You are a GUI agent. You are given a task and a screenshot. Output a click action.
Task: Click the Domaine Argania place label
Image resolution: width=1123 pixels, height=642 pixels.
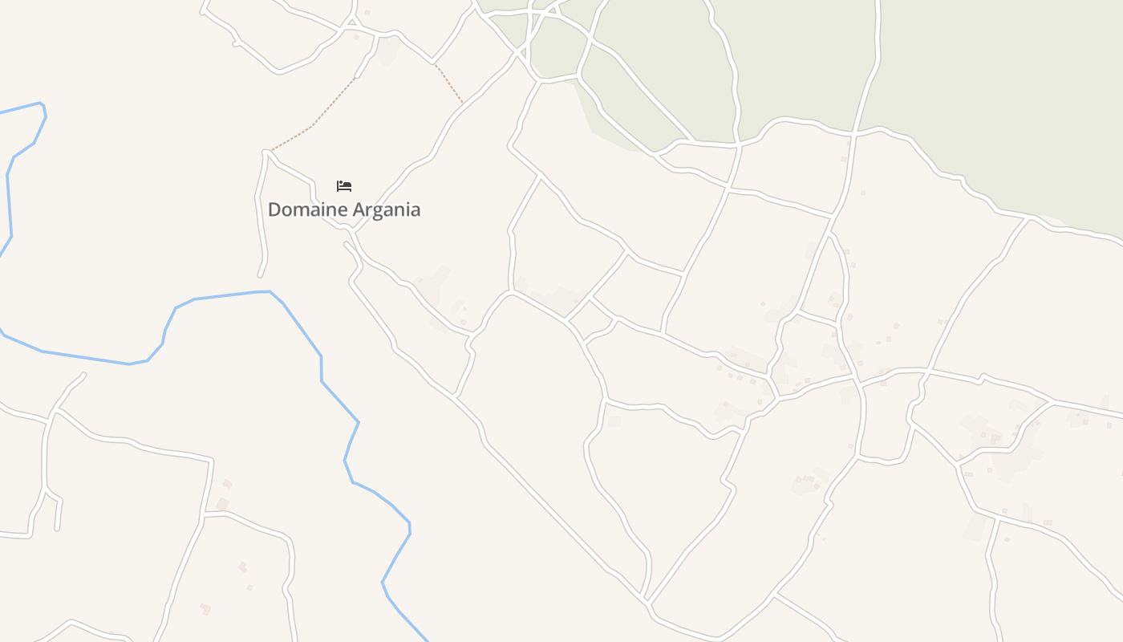[343, 209]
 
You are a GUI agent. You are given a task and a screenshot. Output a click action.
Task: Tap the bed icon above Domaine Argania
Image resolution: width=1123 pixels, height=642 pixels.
[344, 186]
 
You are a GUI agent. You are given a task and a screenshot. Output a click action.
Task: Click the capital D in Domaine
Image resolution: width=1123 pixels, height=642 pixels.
[274, 209]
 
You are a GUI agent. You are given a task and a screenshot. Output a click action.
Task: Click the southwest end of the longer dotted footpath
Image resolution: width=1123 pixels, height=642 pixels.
[270, 150]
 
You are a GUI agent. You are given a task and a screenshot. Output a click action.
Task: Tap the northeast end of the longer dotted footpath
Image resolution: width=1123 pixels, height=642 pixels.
[356, 77]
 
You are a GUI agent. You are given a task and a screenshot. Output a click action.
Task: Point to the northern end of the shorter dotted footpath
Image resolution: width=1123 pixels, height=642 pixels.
[435, 65]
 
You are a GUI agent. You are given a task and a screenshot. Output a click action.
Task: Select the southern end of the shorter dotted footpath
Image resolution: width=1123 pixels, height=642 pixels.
[463, 103]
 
